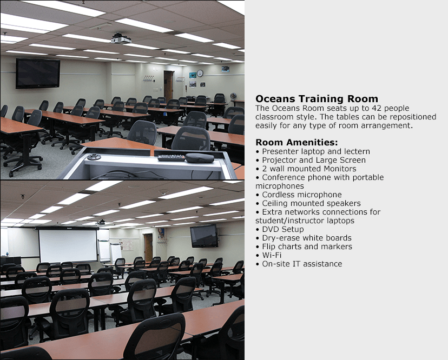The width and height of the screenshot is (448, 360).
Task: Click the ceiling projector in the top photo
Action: [x=121, y=38]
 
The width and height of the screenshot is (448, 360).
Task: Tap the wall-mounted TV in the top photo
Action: [x=38, y=73]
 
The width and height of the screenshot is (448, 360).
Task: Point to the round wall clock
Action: [x=200, y=73]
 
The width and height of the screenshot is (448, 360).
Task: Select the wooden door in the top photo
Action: [x=169, y=85]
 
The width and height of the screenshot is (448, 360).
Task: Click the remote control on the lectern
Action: [x=171, y=158]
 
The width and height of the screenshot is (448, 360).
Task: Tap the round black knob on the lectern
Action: [x=94, y=157]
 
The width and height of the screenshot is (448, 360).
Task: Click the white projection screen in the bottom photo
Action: [x=68, y=246]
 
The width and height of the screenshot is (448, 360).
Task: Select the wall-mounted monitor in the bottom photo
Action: [x=203, y=236]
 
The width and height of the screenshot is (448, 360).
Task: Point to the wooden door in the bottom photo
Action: [x=148, y=247]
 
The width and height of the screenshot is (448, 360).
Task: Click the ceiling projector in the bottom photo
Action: [x=101, y=222]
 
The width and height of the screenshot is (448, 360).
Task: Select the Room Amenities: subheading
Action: [x=297, y=143]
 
